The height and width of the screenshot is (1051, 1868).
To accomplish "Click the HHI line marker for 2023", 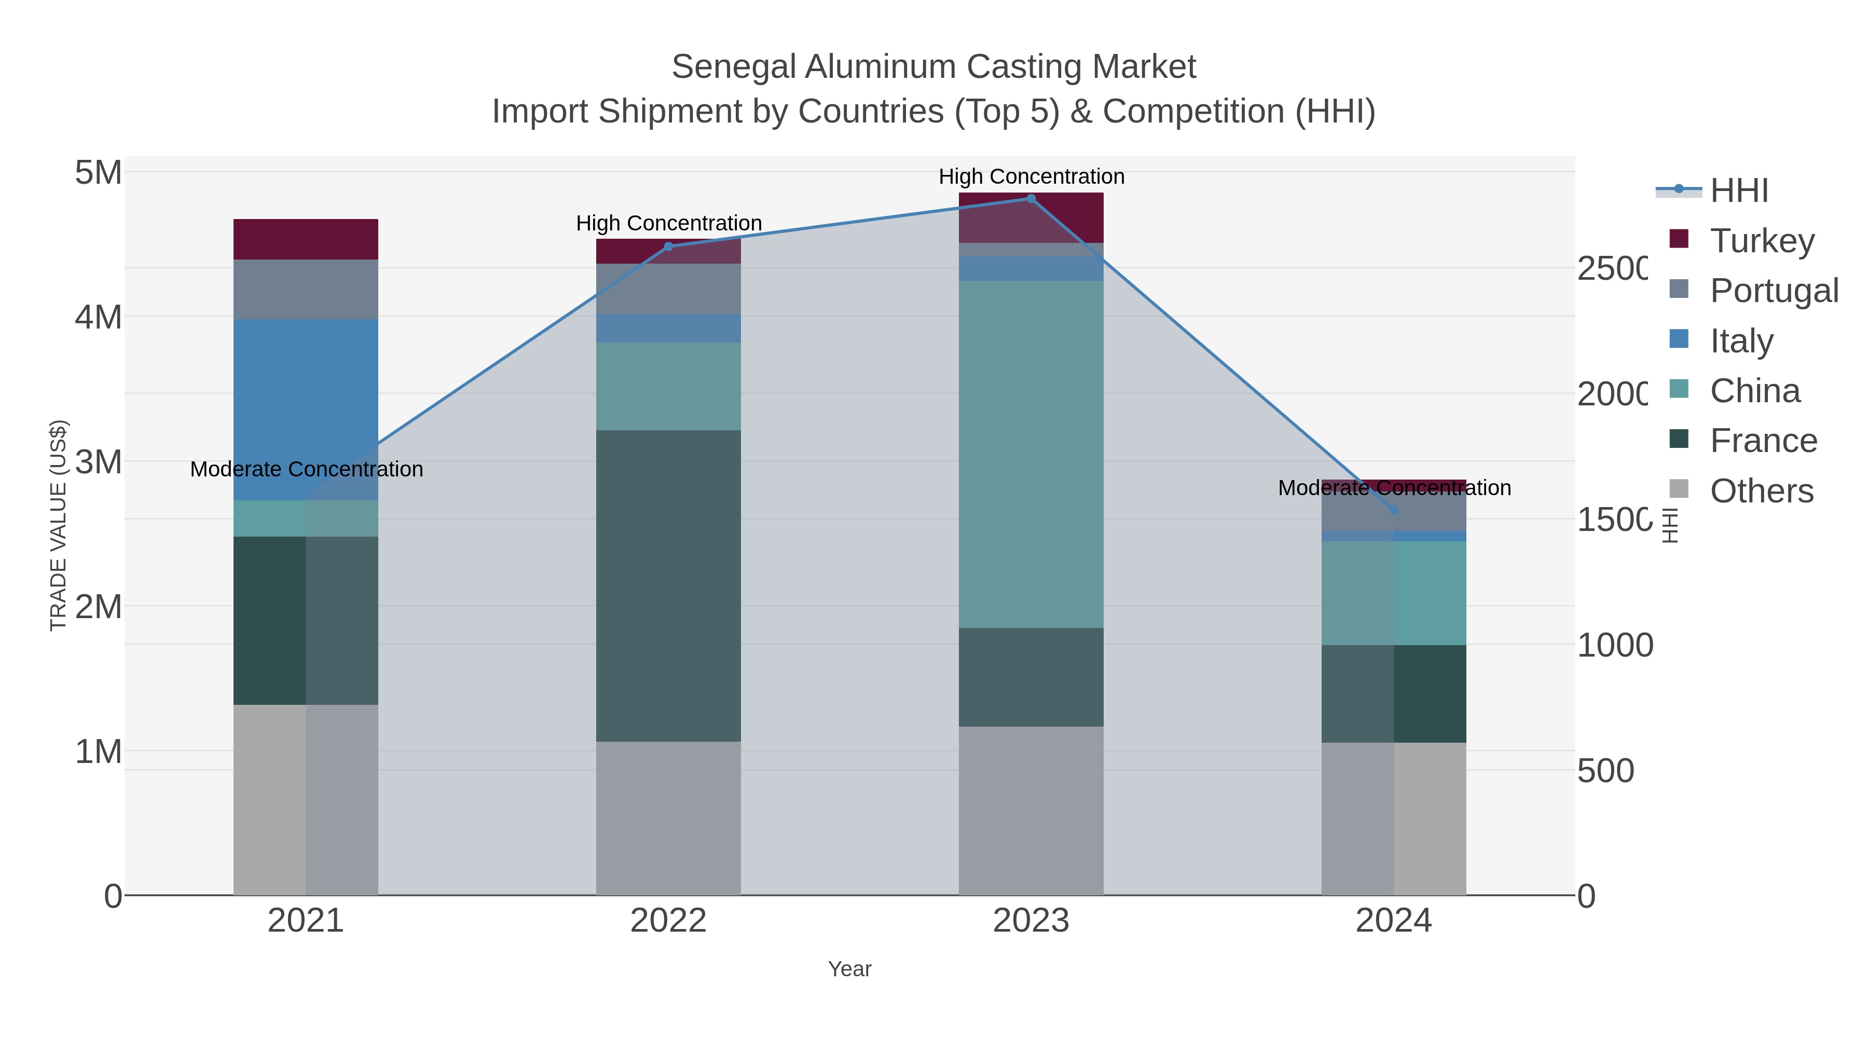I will click(x=1031, y=199).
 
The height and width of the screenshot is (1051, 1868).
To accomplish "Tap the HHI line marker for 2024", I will click(x=1393, y=511).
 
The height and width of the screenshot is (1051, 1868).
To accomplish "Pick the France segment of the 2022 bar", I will click(x=668, y=585).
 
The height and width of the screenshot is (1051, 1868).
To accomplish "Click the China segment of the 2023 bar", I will click(x=1031, y=454).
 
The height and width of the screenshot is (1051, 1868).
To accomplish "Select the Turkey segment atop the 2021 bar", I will click(x=305, y=239).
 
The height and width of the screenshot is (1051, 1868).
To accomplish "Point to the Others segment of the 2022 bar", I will click(x=668, y=817).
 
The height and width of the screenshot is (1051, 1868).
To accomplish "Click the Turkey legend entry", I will click(x=1762, y=240).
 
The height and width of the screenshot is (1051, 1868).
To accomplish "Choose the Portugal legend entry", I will click(x=1773, y=290).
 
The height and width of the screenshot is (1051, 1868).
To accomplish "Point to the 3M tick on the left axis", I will click(x=98, y=461).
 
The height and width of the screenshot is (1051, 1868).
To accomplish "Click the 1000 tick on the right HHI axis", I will click(x=1614, y=645).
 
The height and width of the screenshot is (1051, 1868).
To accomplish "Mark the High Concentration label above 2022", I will click(x=669, y=223).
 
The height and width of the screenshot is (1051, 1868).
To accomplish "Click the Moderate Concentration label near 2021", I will click(x=306, y=469).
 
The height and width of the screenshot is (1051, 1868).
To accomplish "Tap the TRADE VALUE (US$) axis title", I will click(x=58, y=525).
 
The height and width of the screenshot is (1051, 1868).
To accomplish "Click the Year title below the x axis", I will click(x=849, y=968).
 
